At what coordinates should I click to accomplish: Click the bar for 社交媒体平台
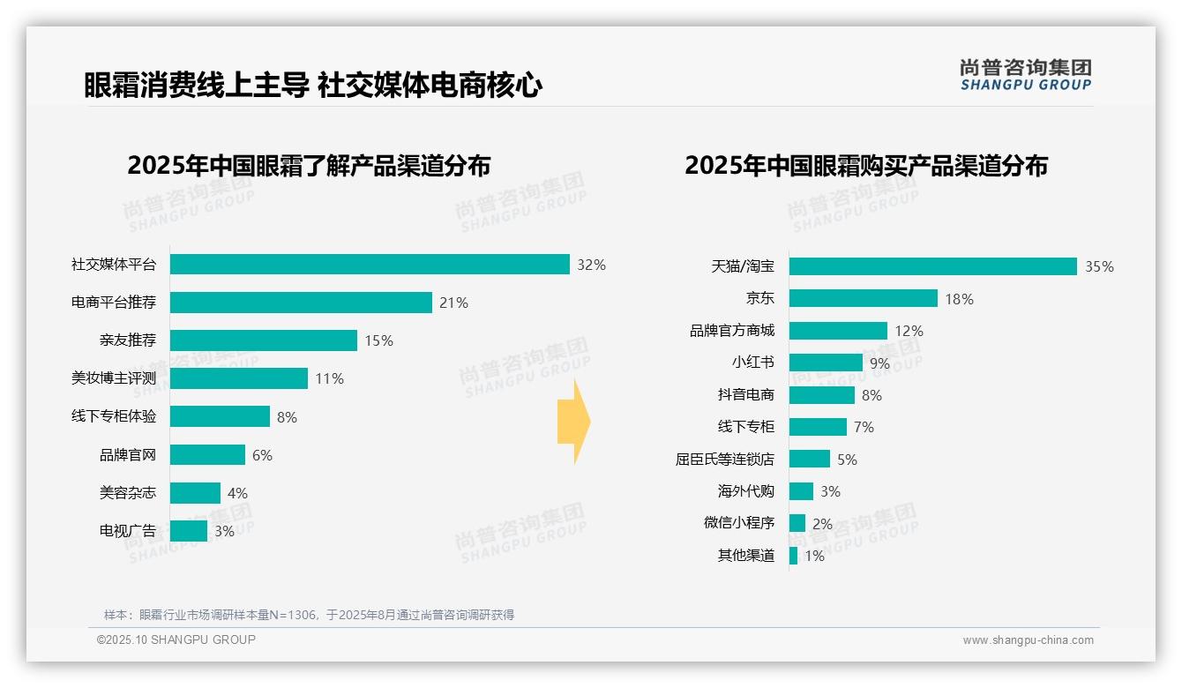pyautogui.click(x=370, y=265)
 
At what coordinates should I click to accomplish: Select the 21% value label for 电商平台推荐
pyautogui.click(x=453, y=303)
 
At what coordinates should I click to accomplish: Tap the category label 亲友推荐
pyautogui.click(x=128, y=340)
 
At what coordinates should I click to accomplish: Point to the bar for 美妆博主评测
pyautogui.click(x=239, y=378)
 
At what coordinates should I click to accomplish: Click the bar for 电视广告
pyautogui.click(x=189, y=531)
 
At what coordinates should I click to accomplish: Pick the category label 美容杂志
pyautogui.click(x=128, y=493)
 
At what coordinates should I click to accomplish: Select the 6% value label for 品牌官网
pyautogui.click(x=262, y=455)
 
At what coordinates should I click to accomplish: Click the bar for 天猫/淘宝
pyautogui.click(x=932, y=266)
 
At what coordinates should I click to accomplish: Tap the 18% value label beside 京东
pyautogui.click(x=959, y=299)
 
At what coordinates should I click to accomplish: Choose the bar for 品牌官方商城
pyautogui.click(x=838, y=331)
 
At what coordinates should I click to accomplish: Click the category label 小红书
pyautogui.click(x=752, y=363)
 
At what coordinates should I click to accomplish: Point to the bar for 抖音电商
pyautogui.click(x=822, y=395)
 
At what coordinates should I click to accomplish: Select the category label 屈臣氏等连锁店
pyautogui.click(x=724, y=460)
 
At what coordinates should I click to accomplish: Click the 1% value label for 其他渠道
pyautogui.click(x=814, y=556)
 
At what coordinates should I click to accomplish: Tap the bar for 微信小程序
pyautogui.click(x=797, y=523)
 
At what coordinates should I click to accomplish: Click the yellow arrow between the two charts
pyautogui.click(x=573, y=423)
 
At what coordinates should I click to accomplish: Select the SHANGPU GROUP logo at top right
pyautogui.click(x=1025, y=74)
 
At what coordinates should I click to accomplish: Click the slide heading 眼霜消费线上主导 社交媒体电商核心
pyautogui.click(x=313, y=85)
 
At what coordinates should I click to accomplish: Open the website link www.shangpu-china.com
pyautogui.click(x=1028, y=640)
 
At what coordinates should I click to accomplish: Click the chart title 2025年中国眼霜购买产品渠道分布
pyautogui.click(x=865, y=165)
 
